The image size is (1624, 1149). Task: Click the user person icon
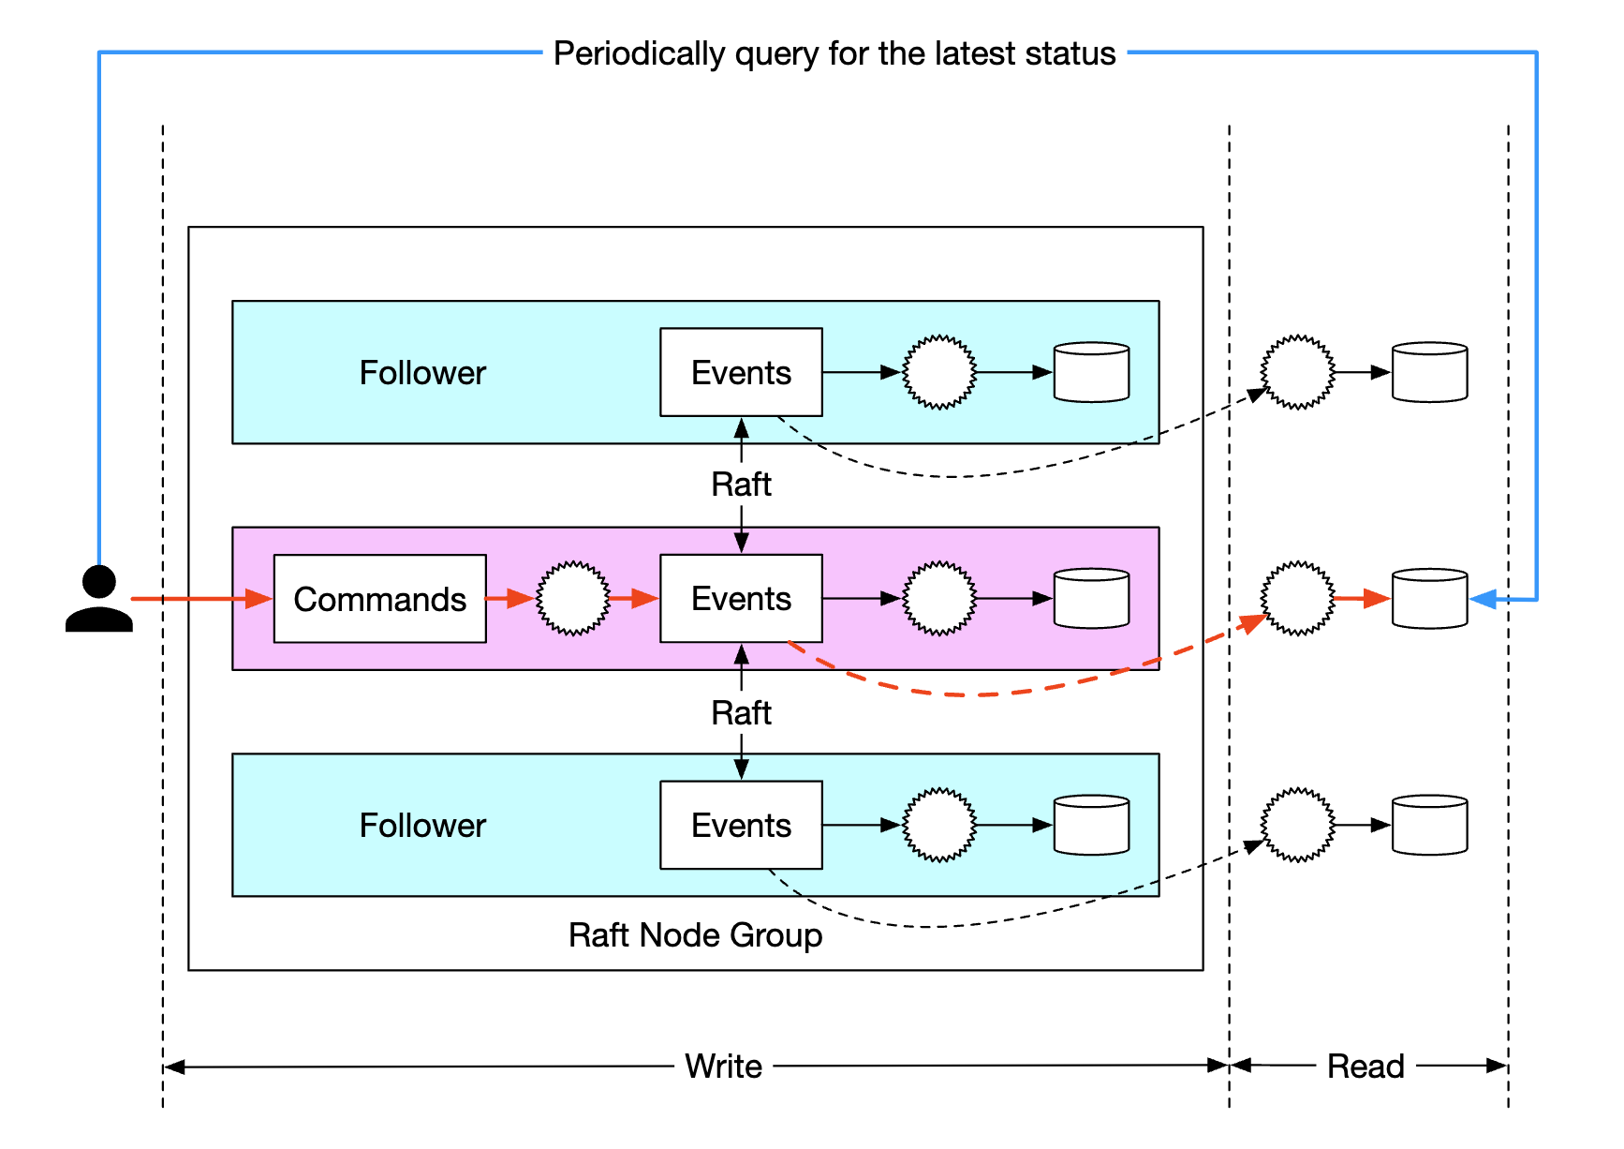[x=98, y=599]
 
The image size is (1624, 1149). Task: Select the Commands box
[x=379, y=599]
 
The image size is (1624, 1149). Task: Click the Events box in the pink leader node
[x=741, y=599]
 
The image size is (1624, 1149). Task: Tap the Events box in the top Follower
[x=741, y=372]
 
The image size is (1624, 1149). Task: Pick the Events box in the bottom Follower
[x=741, y=825]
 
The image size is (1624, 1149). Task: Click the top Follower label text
[x=422, y=373]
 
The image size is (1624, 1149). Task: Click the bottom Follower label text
[x=422, y=826]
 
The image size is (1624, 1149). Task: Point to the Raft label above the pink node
[x=741, y=485]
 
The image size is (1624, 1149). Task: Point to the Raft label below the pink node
[x=741, y=713]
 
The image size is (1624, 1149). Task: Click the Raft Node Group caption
[x=695, y=935]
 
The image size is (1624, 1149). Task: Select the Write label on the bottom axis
[x=723, y=1067]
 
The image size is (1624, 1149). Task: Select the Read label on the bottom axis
[x=1366, y=1067]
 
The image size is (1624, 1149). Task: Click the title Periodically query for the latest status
[x=834, y=53]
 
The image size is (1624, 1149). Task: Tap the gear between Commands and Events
[x=572, y=599]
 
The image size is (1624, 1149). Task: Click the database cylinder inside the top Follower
[x=1091, y=372]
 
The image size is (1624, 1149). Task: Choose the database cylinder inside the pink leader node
[x=1091, y=599]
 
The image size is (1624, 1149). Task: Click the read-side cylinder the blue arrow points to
[x=1429, y=599]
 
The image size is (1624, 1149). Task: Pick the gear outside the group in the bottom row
[x=1297, y=825]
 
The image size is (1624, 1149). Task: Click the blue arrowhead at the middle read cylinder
[x=1483, y=599]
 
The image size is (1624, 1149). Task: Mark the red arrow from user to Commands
[x=197, y=599]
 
